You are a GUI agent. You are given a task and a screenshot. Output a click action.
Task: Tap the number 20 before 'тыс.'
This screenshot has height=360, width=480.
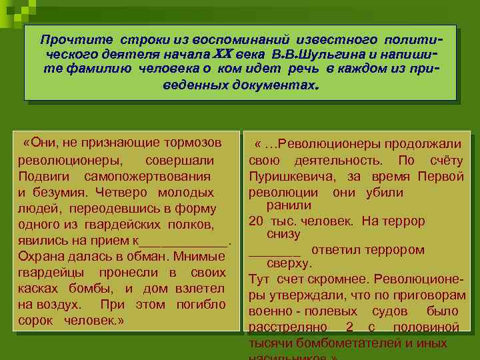pyautogui.click(x=255, y=220)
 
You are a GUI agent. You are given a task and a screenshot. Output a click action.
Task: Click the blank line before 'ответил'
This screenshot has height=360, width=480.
pyautogui.click(x=274, y=251)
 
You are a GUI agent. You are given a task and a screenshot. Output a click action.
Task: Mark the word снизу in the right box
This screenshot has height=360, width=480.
pyautogui.click(x=283, y=235)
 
